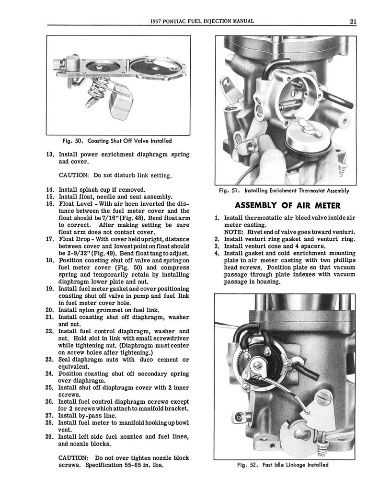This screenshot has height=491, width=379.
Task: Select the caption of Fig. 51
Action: click(284, 191)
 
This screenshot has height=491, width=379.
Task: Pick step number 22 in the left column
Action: click(49, 331)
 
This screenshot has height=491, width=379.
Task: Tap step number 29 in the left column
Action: click(49, 436)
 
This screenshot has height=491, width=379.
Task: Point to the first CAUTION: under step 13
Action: click(74, 175)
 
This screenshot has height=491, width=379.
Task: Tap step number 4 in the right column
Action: click(217, 253)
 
